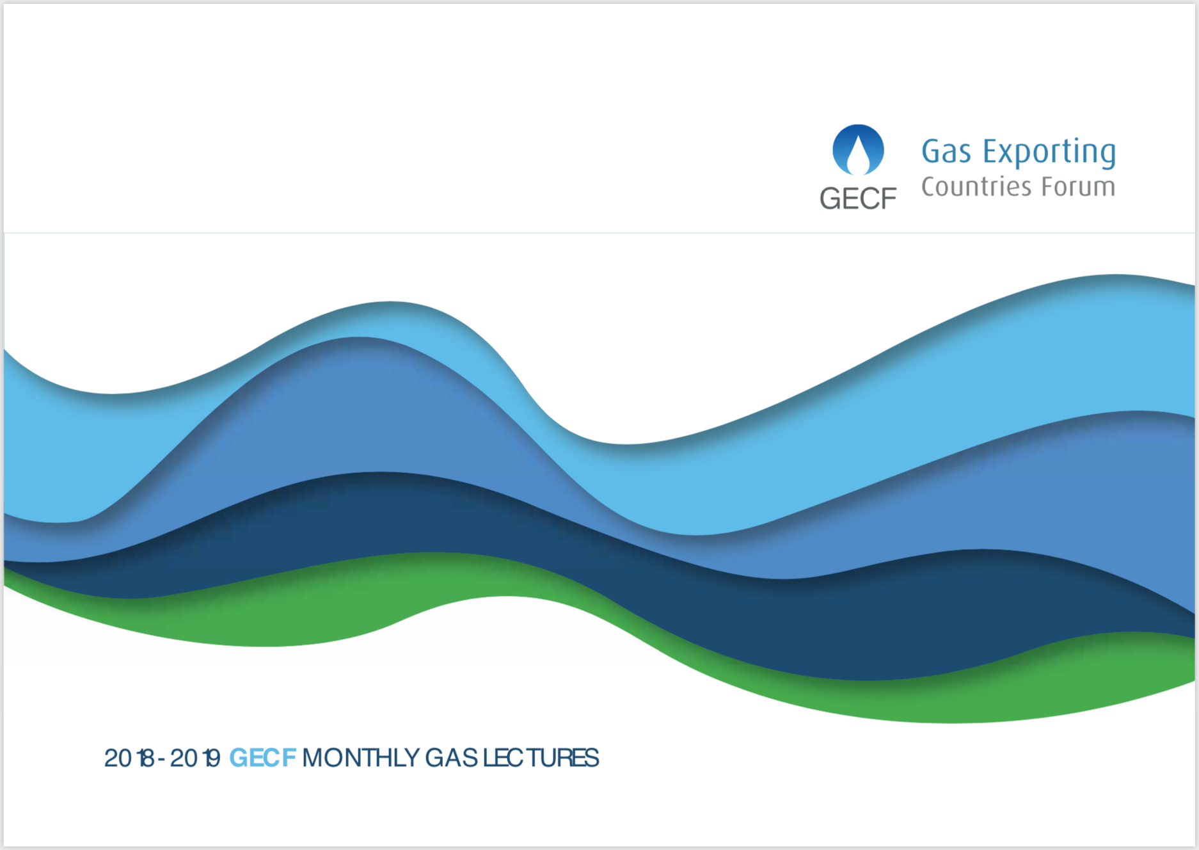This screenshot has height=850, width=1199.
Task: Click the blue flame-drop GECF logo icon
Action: pyautogui.click(x=858, y=150)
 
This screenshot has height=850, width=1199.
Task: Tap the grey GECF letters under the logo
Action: pyautogui.click(x=858, y=199)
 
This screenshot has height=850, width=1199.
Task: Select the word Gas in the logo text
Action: pyautogui.click(x=946, y=152)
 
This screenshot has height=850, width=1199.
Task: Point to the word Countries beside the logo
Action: pyautogui.click(x=976, y=186)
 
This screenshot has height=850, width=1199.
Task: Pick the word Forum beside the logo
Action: pyautogui.click(x=1079, y=186)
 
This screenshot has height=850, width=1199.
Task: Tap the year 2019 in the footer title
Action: pyautogui.click(x=195, y=758)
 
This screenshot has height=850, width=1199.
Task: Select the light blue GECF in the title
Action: pyautogui.click(x=262, y=758)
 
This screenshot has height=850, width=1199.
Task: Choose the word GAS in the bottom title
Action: pyautogui.click(x=451, y=758)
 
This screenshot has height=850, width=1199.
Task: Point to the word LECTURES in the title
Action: pyautogui.click(x=541, y=758)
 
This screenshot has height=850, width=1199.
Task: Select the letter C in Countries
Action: pyautogui.click(x=929, y=186)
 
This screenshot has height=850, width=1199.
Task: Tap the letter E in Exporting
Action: pyautogui.click(x=990, y=152)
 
